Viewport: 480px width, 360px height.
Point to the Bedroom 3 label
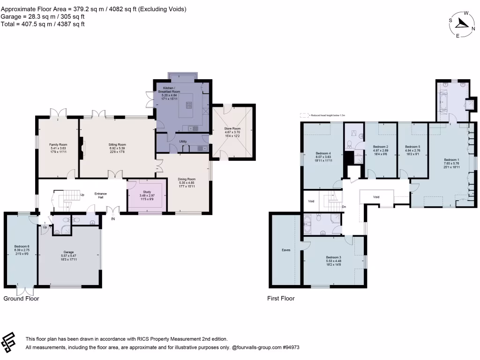pyautogui.click(x=334, y=257)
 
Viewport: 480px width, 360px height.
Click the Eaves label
pyautogui.click(x=286, y=250)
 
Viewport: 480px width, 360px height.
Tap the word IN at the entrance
pyautogui.click(x=112, y=219)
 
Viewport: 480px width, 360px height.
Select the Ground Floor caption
pyautogui.click(x=22, y=298)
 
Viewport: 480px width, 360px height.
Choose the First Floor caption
pyautogui.click(x=281, y=298)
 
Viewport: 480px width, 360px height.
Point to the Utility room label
pyautogui.click(x=183, y=141)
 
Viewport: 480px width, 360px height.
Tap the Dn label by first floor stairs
pyautogui.click(x=344, y=207)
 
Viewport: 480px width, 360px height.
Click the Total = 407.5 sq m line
pyautogui.click(x=43, y=24)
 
